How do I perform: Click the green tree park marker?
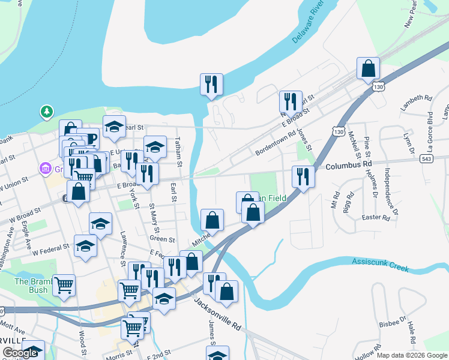point(46,112)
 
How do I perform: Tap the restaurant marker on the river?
point(211,85)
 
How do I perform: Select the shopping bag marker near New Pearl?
point(368,70)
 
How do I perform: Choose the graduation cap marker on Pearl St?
point(114,127)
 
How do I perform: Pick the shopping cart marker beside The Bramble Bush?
point(64,286)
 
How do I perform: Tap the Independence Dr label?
point(390,192)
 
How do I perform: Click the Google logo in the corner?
point(19,353)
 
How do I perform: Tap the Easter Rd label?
point(376,217)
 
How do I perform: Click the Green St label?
point(161,239)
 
